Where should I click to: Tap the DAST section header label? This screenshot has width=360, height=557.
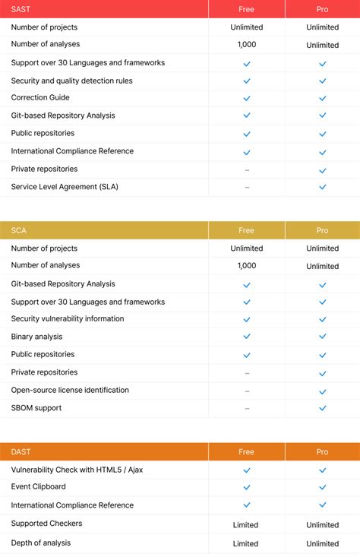click(x=21, y=451)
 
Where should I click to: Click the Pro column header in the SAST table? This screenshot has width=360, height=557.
click(x=322, y=9)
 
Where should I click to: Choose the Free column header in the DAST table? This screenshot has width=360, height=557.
click(x=246, y=451)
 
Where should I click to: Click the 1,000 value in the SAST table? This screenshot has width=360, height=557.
click(x=246, y=45)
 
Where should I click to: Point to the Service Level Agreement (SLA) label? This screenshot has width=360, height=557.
click(x=65, y=187)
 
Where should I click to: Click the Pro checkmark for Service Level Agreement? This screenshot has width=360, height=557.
click(x=322, y=187)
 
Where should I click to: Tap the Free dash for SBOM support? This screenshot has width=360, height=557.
click(x=246, y=408)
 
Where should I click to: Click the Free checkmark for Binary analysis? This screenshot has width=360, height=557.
click(x=246, y=337)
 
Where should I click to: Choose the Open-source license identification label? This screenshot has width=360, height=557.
click(x=70, y=390)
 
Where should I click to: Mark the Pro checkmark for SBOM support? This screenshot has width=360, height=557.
click(x=322, y=408)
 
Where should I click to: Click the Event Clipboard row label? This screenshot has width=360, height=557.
click(x=38, y=486)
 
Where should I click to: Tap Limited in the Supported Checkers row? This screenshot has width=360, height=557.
click(x=246, y=524)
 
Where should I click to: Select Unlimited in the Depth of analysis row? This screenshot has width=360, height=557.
click(x=322, y=543)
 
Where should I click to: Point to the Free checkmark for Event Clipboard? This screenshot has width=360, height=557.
click(x=246, y=487)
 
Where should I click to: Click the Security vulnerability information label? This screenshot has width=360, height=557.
click(x=68, y=318)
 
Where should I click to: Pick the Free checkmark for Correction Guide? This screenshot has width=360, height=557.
click(x=246, y=98)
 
